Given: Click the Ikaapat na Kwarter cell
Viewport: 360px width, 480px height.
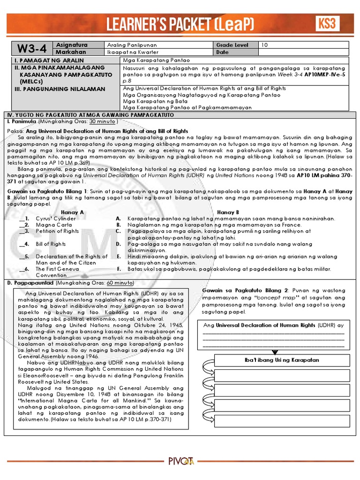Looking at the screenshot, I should point(133,52).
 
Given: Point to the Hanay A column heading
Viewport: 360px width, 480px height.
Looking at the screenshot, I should point(73,212).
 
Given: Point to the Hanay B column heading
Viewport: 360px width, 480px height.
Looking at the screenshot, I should point(228,212).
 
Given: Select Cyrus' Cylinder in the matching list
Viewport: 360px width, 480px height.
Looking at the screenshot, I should point(55,218).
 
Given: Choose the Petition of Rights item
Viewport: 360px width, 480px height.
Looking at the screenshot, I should point(57,232).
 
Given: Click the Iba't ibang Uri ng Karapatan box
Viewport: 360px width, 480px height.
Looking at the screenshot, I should point(282,360).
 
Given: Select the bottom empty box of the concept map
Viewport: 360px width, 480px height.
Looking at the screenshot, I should point(282,421).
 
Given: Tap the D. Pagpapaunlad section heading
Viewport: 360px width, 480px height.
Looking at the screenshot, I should point(30,284).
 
